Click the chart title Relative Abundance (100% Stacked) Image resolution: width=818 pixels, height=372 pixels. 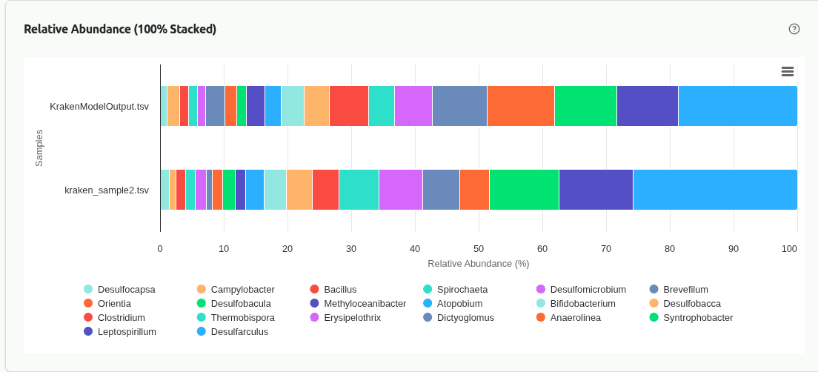point(120,29)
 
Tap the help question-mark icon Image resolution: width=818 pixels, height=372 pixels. point(794,29)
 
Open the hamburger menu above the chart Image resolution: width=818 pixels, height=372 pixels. point(788,71)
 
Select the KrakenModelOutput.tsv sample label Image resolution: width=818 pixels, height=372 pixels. point(99,106)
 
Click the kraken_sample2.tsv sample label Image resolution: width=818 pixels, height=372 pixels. point(107,190)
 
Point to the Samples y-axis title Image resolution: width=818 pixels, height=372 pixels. point(39,148)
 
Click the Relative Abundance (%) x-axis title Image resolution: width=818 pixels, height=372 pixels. point(478,263)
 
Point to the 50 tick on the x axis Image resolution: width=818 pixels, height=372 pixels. point(479,249)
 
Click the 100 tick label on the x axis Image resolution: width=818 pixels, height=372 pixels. point(789,249)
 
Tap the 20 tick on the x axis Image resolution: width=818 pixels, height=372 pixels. point(287,249)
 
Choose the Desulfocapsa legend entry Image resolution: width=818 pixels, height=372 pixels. point(126,289)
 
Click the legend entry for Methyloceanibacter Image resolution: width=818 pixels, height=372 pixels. point(365,303)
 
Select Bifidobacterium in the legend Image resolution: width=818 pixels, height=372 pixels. point(582,303)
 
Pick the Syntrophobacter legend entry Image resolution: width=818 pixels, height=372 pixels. point(698,317)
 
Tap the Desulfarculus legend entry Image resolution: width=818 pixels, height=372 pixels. point(239,331)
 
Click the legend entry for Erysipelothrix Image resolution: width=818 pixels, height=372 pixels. point(352,317)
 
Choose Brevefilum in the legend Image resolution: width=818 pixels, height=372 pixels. point(685,289)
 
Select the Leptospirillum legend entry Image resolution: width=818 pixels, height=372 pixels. point(127,331)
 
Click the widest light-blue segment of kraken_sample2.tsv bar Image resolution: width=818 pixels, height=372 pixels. point(715,190)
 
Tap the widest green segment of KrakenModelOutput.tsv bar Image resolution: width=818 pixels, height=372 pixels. point(585,106)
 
